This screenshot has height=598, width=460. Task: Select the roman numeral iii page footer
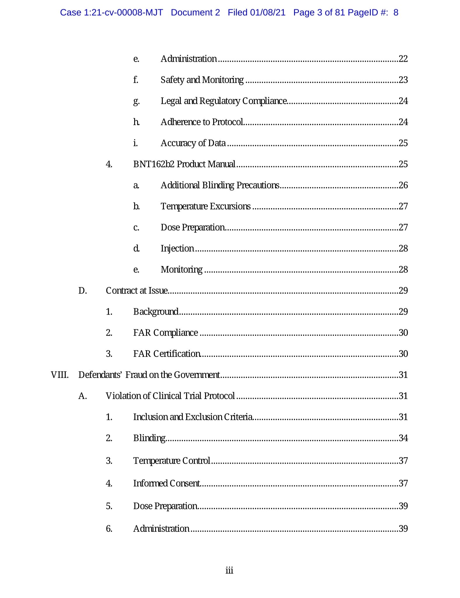[229, 570]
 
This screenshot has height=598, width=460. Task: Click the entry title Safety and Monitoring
[202, 80]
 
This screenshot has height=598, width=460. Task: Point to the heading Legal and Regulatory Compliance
[224, 101]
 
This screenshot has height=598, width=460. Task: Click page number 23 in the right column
[403, 80]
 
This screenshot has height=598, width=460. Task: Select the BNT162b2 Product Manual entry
[184, 164]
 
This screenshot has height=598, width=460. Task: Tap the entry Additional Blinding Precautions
[220, 185]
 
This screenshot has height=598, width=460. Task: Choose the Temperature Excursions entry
[205, 206]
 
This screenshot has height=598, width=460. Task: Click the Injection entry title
[177, 248]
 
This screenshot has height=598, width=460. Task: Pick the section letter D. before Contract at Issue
[83, 291]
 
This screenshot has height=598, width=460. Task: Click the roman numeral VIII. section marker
[60, 375]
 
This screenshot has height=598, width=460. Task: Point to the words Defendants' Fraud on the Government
[149, 375]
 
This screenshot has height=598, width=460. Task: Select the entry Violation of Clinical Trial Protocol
[170, 396]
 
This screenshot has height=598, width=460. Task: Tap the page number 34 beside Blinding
[403, 438]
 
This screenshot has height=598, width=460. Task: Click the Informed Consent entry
[167, 483]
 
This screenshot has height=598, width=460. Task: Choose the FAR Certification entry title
[167, 354]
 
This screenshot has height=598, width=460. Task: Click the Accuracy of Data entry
[193, 143]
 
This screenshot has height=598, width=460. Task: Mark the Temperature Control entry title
[172, 460]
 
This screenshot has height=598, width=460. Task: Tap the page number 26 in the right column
[403, 185]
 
